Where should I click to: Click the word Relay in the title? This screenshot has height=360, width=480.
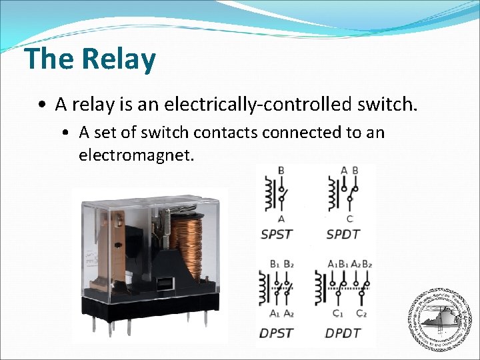119,59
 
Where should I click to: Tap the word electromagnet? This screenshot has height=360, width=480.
136,155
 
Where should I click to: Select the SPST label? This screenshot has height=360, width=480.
277,234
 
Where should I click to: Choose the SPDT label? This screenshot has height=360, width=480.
343,234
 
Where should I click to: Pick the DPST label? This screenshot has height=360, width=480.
277,333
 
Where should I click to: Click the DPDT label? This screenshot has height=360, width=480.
343,333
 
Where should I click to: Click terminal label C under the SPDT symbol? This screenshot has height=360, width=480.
349,219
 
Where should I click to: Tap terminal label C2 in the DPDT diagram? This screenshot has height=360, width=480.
361,313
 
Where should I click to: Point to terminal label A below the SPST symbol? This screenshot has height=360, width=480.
281,219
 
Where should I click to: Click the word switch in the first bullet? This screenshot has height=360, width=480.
385,105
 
